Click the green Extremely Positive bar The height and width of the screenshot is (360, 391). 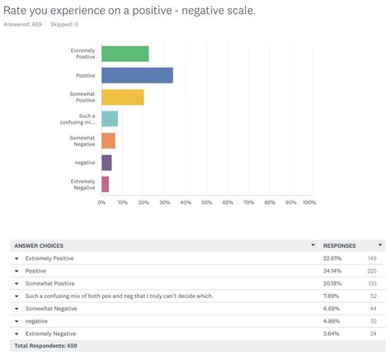[x=125, y=54]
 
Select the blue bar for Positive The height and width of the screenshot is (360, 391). [x=137, y=75]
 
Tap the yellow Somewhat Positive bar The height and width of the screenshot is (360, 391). [x=122, y=97]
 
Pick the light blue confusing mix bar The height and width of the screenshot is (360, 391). [x=110, y=119]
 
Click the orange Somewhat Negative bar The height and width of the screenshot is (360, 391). [x=108, y=140]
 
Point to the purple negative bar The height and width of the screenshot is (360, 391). [x=106, y=163]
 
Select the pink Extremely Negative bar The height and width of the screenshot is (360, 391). [x=105, y=184]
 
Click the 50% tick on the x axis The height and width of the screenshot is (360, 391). [x=206, y=201]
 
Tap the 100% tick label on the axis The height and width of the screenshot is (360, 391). [x=309, y=201]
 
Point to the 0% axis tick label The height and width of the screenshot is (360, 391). [x=101, y=201]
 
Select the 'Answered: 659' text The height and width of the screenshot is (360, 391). [x=23, y=25]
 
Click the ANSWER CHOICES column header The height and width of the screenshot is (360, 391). [x=39, y=245]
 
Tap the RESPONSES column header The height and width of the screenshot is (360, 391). [x=340, y=245]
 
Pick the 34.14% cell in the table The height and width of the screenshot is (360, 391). [x=333, y=270]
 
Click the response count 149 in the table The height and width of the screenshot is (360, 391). [x=372, y=258]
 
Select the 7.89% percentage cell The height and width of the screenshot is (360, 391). [x=332, y=295]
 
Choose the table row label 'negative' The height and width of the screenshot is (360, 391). [x=37, y=320]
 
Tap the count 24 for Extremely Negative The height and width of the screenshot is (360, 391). [x=374, y=332]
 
